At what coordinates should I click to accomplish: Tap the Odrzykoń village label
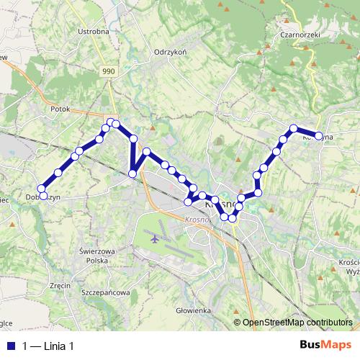point(171,52)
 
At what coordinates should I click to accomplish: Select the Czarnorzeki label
point(301,34)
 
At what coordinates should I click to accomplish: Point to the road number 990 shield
point(109,71)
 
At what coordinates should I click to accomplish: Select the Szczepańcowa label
point(105,293)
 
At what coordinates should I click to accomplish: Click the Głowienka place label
point(192,310)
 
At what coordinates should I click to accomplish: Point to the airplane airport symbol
point(154,237)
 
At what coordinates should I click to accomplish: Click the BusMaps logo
point(326,346)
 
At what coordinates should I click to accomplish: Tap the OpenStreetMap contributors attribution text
point(297,323)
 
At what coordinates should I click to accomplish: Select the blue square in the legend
point(9,346)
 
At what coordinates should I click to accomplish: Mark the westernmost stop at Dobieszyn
point(42,195)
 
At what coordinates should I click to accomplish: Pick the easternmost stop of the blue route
point(319,135)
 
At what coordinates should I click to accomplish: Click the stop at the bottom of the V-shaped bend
point(132,173)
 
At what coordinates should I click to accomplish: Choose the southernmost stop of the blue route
point(233,217)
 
